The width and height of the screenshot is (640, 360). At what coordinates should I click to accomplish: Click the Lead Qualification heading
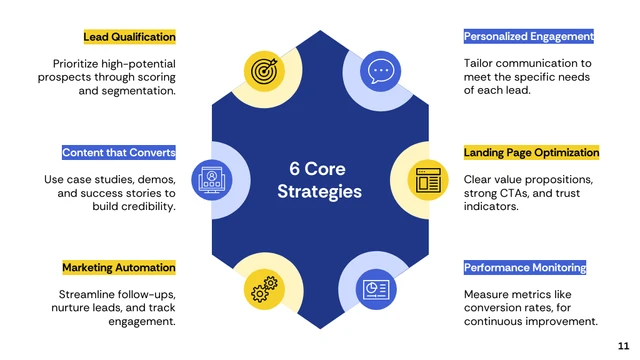(129, 37)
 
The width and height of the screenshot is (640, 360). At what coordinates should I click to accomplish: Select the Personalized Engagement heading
(528, 37)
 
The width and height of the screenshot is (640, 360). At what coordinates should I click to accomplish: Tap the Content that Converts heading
(118, 153)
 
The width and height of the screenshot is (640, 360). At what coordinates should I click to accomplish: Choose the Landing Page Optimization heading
(531, 153)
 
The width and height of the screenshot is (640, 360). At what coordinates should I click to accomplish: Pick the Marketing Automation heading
(118, 268)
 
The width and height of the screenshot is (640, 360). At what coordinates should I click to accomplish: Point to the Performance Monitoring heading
(524, 268)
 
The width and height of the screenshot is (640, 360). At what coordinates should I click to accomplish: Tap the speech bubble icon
(380, 71)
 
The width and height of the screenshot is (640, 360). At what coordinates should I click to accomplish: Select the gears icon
(264, 290)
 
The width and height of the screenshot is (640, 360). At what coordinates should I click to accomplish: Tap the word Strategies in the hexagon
(319, 191)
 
